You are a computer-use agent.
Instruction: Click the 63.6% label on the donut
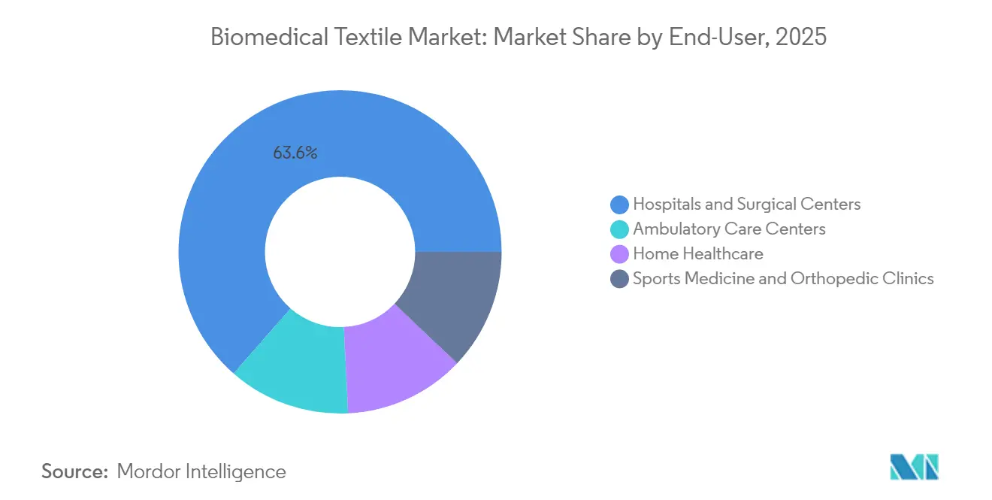click(x=295, y=153)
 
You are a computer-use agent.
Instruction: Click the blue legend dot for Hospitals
click(x=620, y=204)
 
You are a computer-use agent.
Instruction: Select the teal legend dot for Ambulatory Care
click(x=620, y=229)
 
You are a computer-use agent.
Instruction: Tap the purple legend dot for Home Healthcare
click(x=620, y=254)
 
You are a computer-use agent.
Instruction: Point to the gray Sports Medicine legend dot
click(x=620, y=279)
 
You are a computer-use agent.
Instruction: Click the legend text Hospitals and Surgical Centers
click(x=746, y=204)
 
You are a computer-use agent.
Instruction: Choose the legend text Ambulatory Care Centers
click(x=729, y=229)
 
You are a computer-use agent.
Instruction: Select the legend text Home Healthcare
click(x=697, y=254)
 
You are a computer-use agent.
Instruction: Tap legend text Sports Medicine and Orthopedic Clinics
click(x=783, y=279)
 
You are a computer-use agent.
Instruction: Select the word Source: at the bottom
click(x=75, y=471)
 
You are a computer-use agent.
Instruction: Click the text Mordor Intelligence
click(x=201, y=471)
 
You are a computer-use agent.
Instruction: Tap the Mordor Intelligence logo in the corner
click(x=914, y=467)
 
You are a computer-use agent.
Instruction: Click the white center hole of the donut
click(x=340, y=252)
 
